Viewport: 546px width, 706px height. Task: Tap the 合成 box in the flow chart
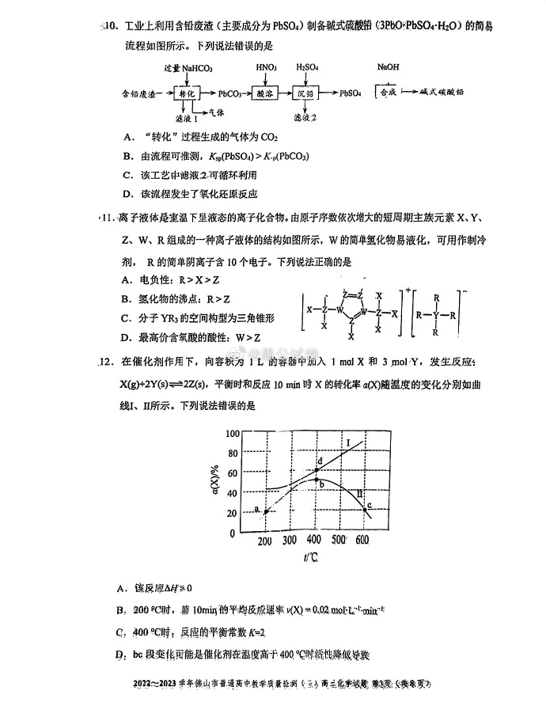389,93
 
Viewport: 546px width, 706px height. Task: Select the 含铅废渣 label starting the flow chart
140,93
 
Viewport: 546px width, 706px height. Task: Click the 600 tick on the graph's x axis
362,541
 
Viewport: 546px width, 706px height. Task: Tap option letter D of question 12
120,655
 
